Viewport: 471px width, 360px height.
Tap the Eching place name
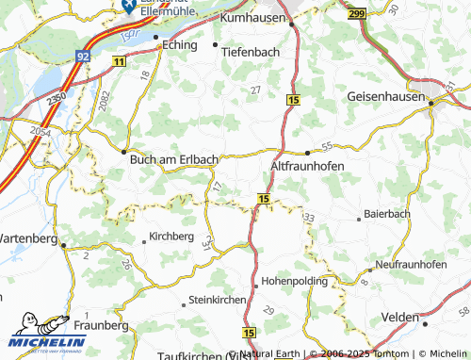(x=180, y=45)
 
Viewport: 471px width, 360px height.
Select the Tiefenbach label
(x=251, y=52)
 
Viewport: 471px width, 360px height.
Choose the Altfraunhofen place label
(x=307, y=165)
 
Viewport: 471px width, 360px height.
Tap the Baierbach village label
(x=387, y=214)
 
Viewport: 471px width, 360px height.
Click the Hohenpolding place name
(x=294, y=281)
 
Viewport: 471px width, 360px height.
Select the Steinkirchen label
(x=218, y=299)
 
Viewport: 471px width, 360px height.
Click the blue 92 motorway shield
(x=84, y=57)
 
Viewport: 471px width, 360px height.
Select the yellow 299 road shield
(x=355, y=15)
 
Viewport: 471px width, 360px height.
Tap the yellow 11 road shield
(x=119, y=61)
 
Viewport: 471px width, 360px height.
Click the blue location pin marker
(x=125, y=5)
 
